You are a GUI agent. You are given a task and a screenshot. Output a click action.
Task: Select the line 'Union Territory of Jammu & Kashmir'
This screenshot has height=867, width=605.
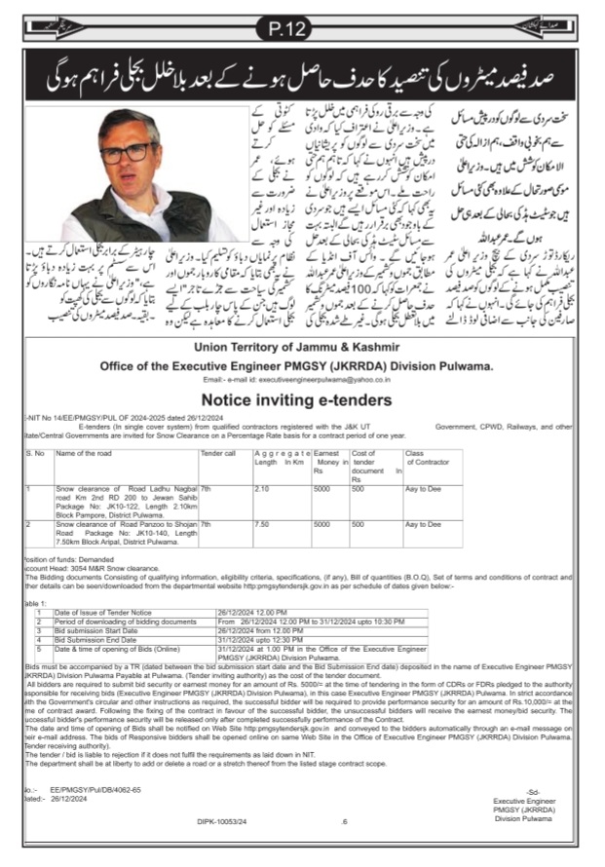tap(303, 347)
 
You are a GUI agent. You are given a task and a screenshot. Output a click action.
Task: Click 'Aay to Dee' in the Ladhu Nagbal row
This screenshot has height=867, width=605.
tap(424, 490)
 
